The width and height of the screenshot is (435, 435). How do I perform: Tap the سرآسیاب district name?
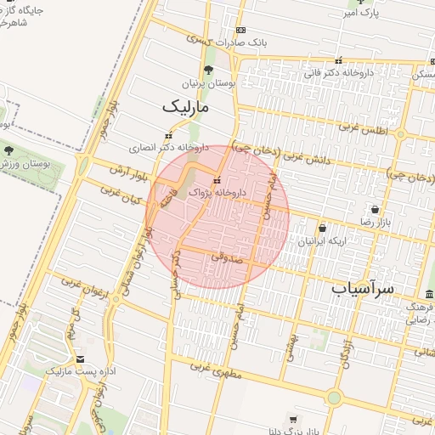point(363,289)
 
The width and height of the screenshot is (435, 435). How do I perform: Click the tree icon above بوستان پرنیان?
point(208,71)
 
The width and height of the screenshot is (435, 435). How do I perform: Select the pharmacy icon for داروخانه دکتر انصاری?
point(168,135)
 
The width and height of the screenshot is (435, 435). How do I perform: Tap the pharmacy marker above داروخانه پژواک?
point(217,180)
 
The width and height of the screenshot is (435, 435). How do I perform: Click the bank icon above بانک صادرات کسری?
point(240,30)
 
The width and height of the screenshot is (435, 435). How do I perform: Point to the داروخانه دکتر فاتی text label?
point(340,74)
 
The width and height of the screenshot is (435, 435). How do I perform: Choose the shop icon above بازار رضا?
point(375,209)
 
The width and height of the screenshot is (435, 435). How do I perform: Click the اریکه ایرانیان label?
point(322,241)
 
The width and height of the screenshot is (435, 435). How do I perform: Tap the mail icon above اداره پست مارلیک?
point(81,359)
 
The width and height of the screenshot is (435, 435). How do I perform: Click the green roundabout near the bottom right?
point(334,397)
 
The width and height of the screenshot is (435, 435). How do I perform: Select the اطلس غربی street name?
point(362,129)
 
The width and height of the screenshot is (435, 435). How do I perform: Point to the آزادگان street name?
point(349,356)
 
